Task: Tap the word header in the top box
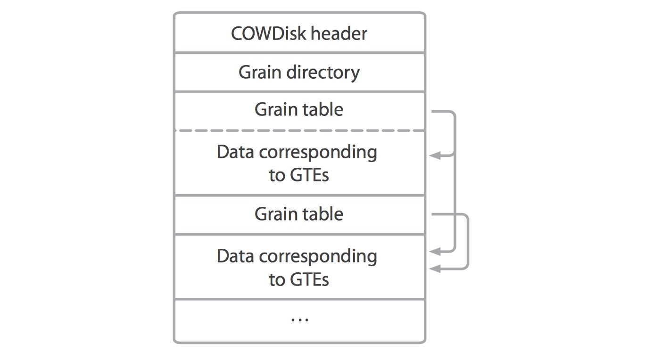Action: tap(339, 33)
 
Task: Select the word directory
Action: tap(323, 73)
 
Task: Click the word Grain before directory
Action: tap(260, 72)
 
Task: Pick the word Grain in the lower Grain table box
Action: tap(275, 214)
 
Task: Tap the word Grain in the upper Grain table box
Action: tap(275, 110)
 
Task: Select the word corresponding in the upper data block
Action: tap(318, 153)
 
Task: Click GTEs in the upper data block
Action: tap(309, 175)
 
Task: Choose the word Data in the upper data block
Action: tap(235, 152)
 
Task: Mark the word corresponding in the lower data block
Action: tap(318, 257)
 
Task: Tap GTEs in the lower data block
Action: tap(309, 279)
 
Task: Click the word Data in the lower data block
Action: tap(235, 256)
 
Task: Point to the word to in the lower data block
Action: tap(277, 280)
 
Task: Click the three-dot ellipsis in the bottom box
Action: tap(300, 320)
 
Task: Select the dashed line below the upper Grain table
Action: tap(300, 131)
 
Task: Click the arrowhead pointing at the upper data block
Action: tap(435, 155)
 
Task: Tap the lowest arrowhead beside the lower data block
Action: tap(435, 269)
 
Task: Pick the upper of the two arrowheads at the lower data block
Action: tap(435, 251)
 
